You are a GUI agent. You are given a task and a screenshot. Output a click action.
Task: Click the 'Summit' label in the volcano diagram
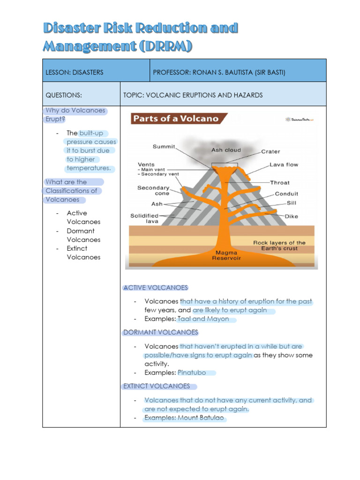click(x=164, y=147)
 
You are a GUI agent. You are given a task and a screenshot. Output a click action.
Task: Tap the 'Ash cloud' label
click(x=226, y=150)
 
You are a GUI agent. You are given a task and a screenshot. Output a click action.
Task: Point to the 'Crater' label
click(x=270, y=151)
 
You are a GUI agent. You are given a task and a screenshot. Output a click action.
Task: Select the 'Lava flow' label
click(x=284, y=165)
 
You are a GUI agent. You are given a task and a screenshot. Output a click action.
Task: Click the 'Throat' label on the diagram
click(x=280, y=182)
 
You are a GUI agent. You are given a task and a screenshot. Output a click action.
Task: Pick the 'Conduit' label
click(x=286, y=194)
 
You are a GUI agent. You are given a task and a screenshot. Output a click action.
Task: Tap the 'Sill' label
click(x=292, y=203)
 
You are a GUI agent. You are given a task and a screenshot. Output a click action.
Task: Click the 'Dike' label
click(x=292, y=217)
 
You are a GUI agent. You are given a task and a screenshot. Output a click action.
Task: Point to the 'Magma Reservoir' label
click(x=227, y=255)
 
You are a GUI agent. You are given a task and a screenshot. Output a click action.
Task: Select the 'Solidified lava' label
click(x=144, y=218)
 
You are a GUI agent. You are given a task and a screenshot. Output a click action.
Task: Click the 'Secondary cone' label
click(x=153, y=190)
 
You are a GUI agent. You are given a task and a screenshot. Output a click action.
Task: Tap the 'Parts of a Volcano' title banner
click(x=176, y=119)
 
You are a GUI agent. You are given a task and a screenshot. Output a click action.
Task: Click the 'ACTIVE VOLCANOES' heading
click(x=155, y=288)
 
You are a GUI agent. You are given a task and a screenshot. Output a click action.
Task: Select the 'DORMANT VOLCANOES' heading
click(x=160, y=332)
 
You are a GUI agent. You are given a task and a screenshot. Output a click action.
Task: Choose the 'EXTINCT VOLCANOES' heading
click(x=157, y=386)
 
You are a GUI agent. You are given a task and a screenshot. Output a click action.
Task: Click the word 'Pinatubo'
click(x=192, y=373)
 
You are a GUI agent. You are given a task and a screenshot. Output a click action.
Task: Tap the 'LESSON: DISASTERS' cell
click(x=75, y=73)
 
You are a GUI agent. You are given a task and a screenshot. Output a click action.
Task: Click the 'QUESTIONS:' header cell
click(x=64, y=95)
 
